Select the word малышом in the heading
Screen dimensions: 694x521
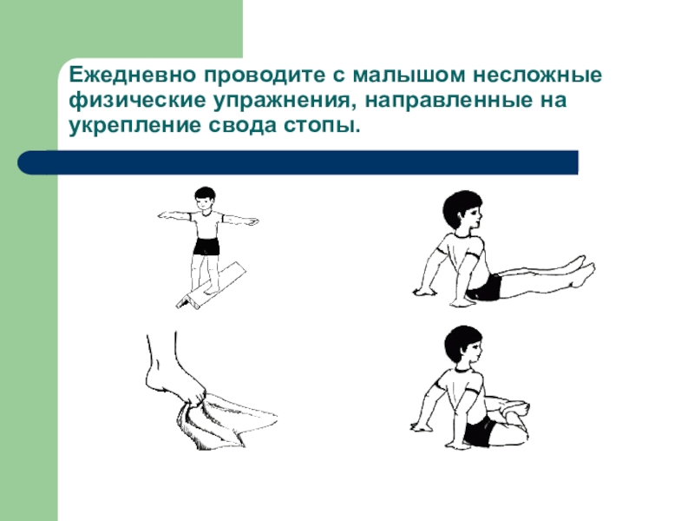pos(409,76)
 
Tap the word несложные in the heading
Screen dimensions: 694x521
pos(537,76)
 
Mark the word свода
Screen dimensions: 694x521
pos(243,125)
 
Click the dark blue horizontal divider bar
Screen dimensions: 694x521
pos(298,162)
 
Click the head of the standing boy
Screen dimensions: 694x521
pos(205,199)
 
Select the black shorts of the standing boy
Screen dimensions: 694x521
pos(206,247)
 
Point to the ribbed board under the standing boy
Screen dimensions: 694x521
pos(211,286)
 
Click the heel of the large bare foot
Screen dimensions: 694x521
pos(153,379)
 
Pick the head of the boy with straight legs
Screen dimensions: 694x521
pos(462,210)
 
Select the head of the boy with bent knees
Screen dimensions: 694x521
pos(463,346)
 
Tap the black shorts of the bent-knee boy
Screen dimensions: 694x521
pos(479,432)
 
